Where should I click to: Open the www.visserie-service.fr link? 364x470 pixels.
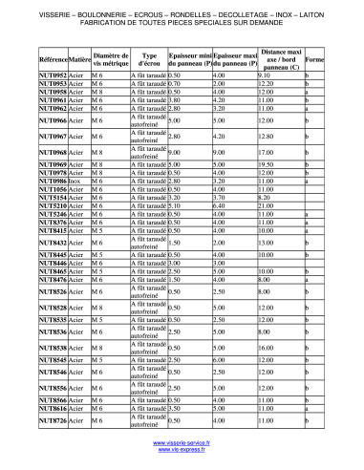tap(182, 444)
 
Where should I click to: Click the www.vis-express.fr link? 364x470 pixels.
tap(182, 451)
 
